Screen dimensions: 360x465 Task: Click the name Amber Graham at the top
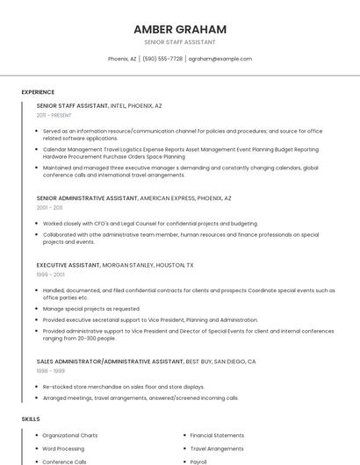coord(180,29)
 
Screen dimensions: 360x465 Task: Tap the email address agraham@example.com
coord(220,59)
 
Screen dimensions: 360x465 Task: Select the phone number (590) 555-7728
coord(162,59)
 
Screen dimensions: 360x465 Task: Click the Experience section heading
coord(38,92)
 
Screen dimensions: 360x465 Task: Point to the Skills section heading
coord(31,419)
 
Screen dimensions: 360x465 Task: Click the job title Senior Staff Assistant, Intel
coord(99,105)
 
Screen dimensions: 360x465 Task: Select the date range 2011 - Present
coord(54,115)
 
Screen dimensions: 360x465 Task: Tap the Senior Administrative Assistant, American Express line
coord(133,198)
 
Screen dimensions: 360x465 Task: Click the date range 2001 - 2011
coord(49,208)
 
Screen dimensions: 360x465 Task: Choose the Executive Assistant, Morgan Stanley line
coord(115,265)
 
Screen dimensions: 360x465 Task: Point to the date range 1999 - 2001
coord(50,275)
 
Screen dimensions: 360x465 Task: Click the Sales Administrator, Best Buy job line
coord(146,361)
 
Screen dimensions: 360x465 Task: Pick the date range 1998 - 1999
coord(50,371)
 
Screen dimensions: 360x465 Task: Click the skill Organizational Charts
coord(69,435)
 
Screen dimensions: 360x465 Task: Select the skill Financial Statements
coord(217,435)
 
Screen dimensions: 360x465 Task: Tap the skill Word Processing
coord(63,448)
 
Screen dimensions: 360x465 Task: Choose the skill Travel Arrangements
coord(217,448)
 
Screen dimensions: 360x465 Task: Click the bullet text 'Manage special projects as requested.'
coord(91,309)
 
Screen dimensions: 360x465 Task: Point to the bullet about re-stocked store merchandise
coord(123,386)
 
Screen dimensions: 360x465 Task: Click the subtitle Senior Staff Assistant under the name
coord(180,42)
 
